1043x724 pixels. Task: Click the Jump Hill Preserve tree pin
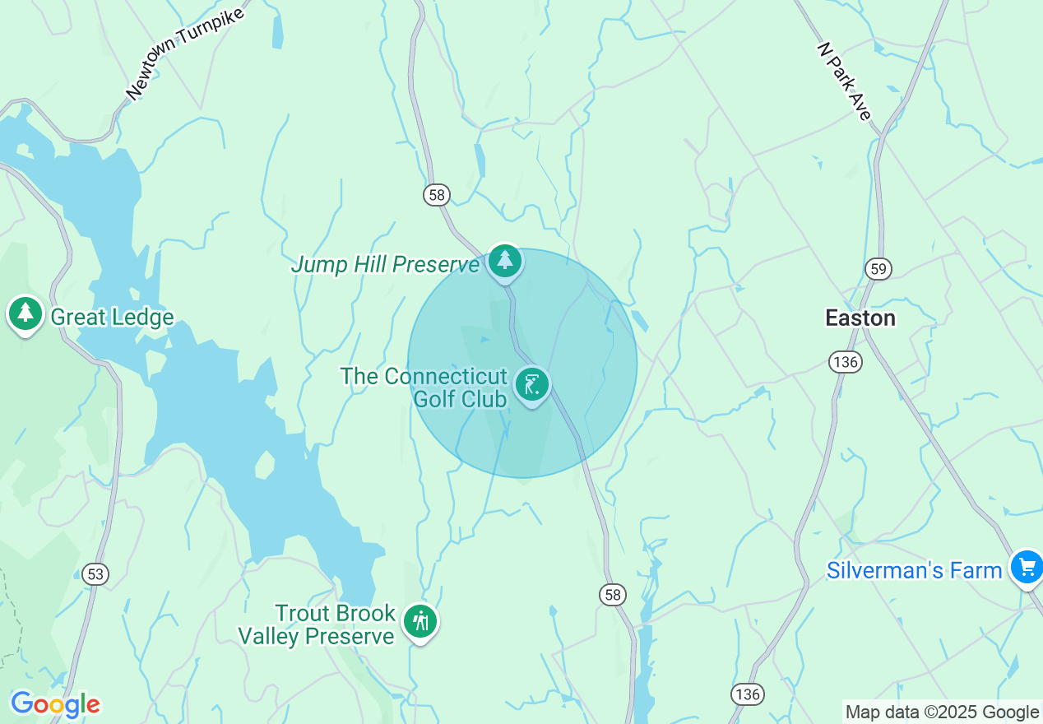coord(504,261)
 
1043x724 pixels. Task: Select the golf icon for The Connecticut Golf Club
coord(531,384)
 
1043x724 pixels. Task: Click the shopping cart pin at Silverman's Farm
coord(1027,567)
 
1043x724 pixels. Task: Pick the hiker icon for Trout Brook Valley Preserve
coord(421,622)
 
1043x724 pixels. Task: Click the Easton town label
coord(860,318)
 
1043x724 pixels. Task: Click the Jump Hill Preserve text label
coord(386,265)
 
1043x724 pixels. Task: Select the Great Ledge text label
coord(112,318)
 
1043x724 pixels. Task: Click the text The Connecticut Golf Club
coord(424,388)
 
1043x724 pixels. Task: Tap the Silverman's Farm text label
coord(914,570)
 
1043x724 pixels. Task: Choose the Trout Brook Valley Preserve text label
coord(317,625)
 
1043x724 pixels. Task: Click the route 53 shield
coord(95,573)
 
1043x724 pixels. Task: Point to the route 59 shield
coord(878,268)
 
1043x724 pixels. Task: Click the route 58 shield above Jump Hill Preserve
coord(437,195)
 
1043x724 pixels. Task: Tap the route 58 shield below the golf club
coord(613,595)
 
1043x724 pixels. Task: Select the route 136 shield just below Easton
coord(845,362)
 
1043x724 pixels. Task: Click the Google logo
coord(55,704)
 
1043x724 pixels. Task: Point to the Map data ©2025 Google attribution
coord(942,712)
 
